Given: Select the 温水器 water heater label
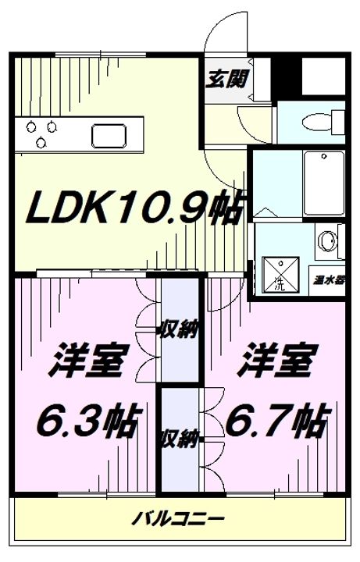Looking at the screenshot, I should (x=330, y=278).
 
